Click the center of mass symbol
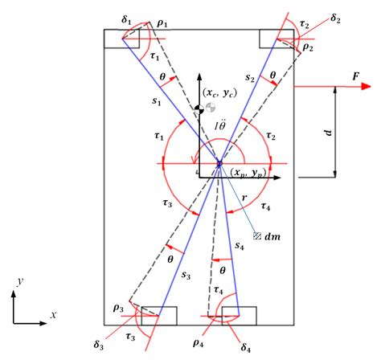click(x=211, y=107)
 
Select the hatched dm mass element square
click(x=257, y=236)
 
